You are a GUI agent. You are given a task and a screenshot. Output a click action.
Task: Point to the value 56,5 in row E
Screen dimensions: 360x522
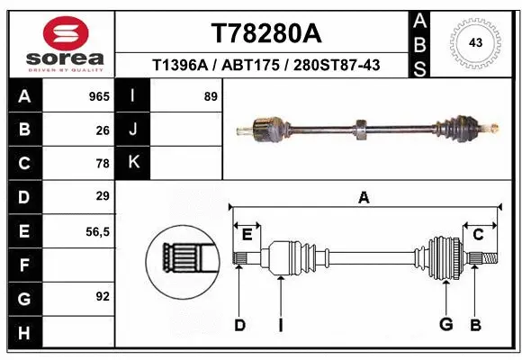[98, 230]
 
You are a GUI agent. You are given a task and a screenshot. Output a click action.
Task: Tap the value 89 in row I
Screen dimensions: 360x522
[211, 95]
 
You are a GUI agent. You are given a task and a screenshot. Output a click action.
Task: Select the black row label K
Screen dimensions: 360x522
[134, 163]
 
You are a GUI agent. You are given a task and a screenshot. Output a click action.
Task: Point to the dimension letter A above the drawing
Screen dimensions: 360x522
[364, 197]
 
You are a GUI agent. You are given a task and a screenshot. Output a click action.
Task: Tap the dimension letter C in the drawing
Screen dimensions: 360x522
[478, 234]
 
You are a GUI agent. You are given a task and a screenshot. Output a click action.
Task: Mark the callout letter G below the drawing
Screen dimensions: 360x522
[445, 324]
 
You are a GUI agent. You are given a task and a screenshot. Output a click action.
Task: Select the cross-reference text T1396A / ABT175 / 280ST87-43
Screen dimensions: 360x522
[265, 65]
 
